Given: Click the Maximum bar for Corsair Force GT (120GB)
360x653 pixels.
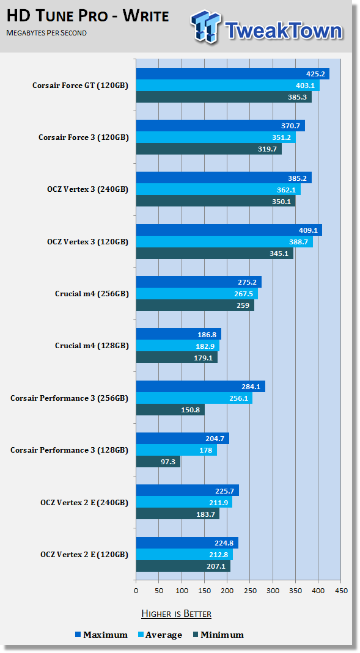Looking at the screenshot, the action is [x=232, y=74].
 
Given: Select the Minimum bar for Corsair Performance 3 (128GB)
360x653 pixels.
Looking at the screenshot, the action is [x=158, y=461].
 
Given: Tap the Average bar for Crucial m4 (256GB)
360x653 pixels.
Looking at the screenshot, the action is [x=197, y=294].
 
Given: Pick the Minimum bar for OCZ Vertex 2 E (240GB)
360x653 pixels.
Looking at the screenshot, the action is [x=177, y=514].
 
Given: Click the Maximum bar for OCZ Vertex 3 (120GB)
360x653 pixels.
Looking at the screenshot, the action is [x=229, y=230].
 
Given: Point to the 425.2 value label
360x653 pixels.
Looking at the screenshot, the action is [x=315, y=74].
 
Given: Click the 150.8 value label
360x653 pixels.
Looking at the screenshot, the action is [x=191, y=410].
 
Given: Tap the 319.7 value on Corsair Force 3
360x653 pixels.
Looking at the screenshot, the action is [x=268, y=148].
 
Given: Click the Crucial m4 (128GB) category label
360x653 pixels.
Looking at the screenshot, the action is [x=92, y=346].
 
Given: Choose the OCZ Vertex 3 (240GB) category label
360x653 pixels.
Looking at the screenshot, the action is [x=87, y=189].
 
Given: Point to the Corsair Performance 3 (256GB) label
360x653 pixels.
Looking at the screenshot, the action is [x=69, y=398].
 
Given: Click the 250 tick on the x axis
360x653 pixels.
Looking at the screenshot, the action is [x=250, y=591].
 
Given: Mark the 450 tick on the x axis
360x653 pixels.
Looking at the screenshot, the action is [x=341, y=591].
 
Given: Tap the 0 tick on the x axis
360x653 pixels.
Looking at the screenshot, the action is [x=136, y=591].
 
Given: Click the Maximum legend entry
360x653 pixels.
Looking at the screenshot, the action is [x=101, y=635].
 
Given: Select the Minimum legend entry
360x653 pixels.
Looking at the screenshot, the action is [x=219, y=635].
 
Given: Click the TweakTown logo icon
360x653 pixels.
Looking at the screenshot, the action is [x=205, y=26].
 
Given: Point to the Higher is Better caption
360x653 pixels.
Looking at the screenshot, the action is [x=176, y=614].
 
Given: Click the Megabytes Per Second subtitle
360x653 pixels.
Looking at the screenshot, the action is [x=46, y=33].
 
